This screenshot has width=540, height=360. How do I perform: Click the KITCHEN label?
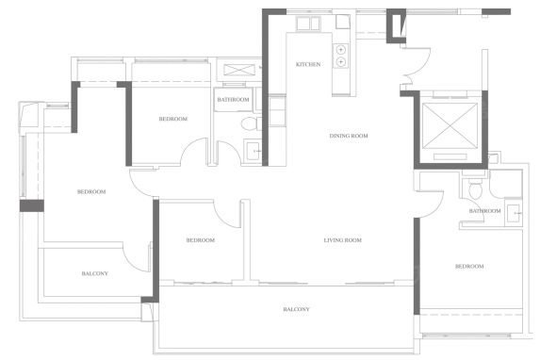(308, 64)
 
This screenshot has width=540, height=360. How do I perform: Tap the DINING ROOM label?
(349, 136)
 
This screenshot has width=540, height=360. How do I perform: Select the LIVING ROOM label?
(343, 240)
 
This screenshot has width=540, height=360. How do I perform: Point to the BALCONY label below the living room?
(296, 309)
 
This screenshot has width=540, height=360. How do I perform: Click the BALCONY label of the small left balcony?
(94, 273)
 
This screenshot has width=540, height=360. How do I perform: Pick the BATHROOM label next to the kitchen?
(233, 100)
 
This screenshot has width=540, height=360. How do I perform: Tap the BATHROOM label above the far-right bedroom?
(485, 210)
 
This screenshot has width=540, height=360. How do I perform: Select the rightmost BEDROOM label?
(469, 267)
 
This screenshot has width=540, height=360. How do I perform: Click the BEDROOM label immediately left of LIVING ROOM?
(201, 240)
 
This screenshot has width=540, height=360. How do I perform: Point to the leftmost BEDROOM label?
(91, 191)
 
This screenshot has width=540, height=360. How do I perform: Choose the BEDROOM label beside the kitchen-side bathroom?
(173, 119)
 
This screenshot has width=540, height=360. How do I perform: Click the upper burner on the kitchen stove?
(340, 50)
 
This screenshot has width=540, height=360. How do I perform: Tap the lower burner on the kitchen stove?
(340, 61)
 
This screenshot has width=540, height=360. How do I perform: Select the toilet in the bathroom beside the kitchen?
(251, 123)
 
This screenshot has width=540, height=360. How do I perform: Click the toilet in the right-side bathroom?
(475, 189)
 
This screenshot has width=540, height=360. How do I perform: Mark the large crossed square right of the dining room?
(450, 125)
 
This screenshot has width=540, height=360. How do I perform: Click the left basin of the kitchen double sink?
(303, 24)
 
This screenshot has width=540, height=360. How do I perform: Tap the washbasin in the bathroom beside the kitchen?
(253, 150)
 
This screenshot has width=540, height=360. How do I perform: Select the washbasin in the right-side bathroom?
(513, 214)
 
